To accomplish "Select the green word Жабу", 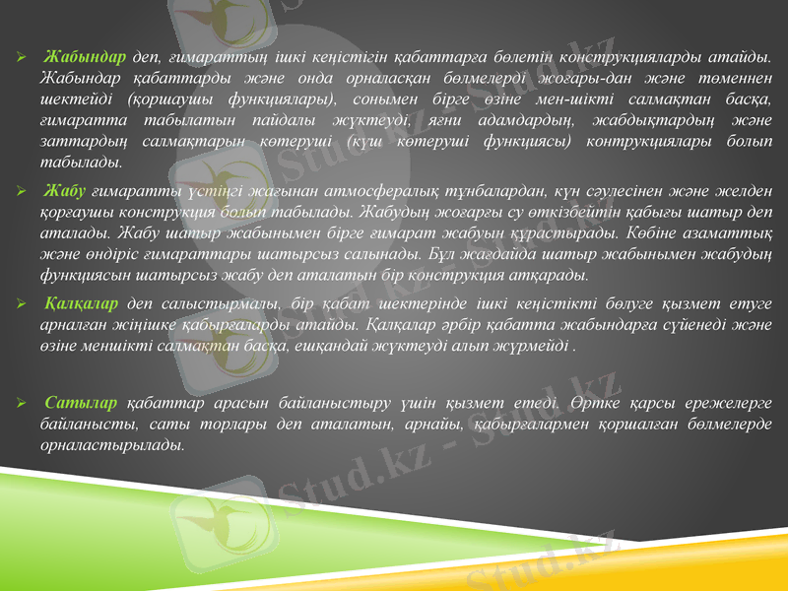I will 65,190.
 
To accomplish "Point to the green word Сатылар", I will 80,404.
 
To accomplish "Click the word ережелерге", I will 723,404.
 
